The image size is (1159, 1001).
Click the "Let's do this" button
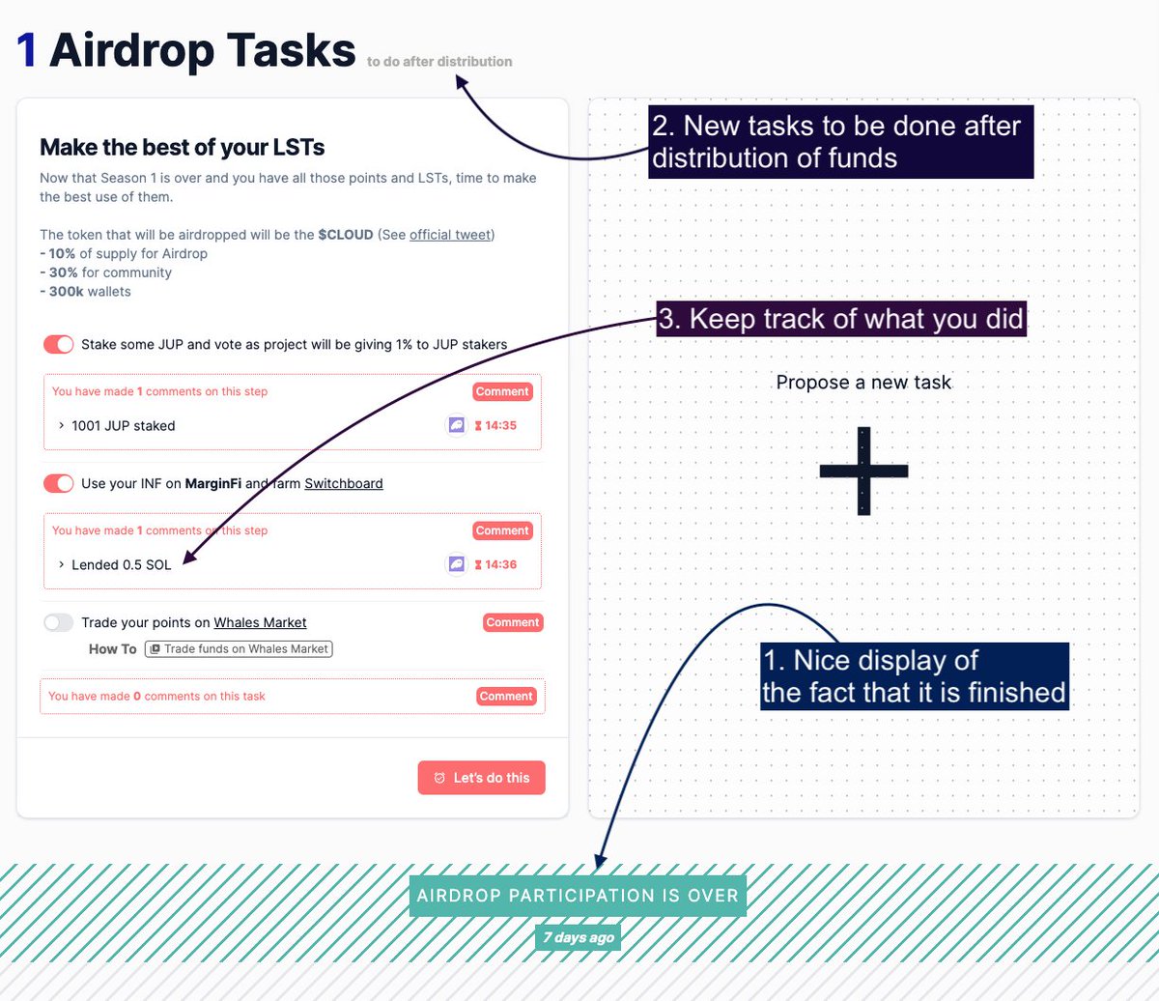coord(481,778)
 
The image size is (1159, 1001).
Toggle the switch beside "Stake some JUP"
coord(59,345)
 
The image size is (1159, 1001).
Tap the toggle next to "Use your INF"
coord(59,483)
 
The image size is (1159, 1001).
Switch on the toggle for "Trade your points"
coord(59,623)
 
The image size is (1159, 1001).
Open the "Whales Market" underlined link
coord(260,623)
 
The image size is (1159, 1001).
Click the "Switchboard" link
coord(344,483)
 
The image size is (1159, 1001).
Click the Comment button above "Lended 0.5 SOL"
coord(502,530)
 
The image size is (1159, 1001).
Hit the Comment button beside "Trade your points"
coord(513,623)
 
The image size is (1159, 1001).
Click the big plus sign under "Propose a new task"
coord(863,471)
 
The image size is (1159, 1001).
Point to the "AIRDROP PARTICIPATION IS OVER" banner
coord(578,896)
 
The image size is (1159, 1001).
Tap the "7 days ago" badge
coord(578,937)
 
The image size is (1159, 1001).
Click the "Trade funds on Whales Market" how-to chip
coord(239,649)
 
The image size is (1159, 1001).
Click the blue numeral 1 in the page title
coord(27,51)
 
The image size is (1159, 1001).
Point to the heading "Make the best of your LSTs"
coord(182,148)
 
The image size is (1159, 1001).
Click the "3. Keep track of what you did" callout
coord(840,319)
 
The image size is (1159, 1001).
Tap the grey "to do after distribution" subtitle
coord(439,62)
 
